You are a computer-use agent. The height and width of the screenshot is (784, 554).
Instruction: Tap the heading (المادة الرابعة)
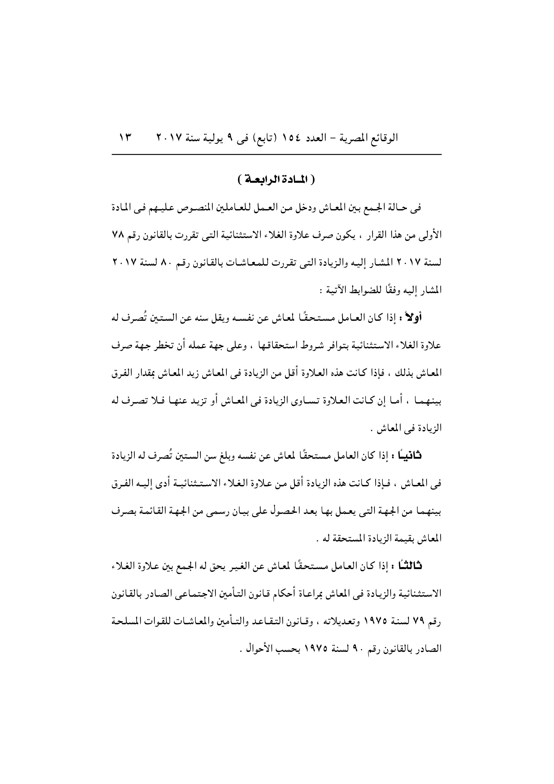[277, 180]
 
